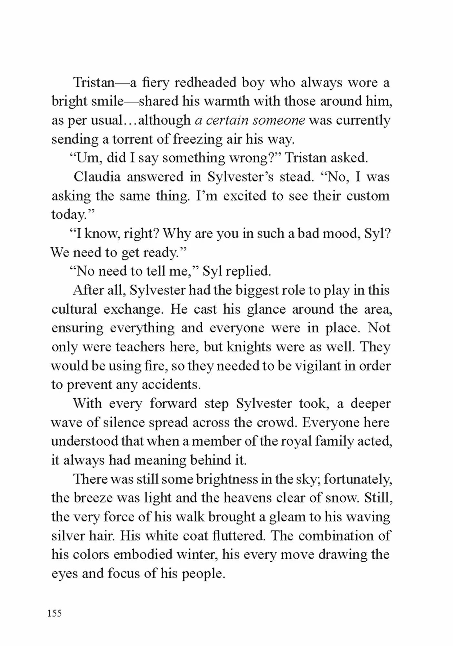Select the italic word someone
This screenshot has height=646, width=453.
point(279,120)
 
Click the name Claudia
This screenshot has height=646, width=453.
point(97,177)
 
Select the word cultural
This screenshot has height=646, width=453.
point(74,309)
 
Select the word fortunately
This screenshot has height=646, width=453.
point(358,479)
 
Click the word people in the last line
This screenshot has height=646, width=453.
point(203,573)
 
